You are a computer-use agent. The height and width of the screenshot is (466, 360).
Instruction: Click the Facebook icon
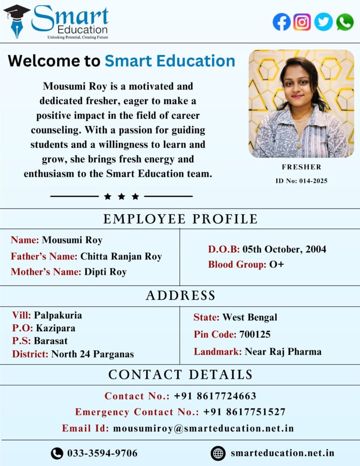pos(282,22)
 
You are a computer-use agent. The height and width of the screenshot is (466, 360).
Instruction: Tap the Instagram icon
pos(302,22)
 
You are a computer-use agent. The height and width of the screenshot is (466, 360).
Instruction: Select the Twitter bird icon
pos(324,22)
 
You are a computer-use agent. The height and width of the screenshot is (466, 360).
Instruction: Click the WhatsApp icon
pos(345,22)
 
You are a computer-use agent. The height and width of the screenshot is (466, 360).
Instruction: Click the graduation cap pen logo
pos(16,21)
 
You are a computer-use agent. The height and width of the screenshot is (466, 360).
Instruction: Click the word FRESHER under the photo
pos(301,167)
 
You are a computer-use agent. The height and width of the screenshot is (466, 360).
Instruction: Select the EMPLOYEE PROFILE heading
pos(180,219)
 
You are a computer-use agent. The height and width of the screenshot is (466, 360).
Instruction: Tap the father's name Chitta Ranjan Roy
pos(121,256)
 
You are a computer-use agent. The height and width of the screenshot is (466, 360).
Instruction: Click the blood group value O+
pos(276,264)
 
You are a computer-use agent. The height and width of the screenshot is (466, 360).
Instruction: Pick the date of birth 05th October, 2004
pos(284,249)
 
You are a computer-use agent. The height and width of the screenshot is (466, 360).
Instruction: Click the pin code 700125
pos(255,334)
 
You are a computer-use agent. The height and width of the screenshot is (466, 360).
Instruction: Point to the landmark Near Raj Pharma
pos(283,351)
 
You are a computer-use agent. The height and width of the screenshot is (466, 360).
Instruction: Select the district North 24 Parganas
pos(92,354)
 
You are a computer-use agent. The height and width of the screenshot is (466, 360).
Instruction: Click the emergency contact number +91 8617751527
pos(244,412)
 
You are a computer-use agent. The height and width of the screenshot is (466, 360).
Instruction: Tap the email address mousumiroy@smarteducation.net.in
pos(203,428)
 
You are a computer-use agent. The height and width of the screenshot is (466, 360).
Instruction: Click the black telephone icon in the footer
pos(57,453)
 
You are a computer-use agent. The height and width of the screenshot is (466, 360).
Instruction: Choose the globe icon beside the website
pos(218,453)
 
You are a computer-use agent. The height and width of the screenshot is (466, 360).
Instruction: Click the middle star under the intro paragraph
pos(122,197)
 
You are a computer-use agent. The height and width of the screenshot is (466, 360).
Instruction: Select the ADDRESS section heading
pos(180,296)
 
